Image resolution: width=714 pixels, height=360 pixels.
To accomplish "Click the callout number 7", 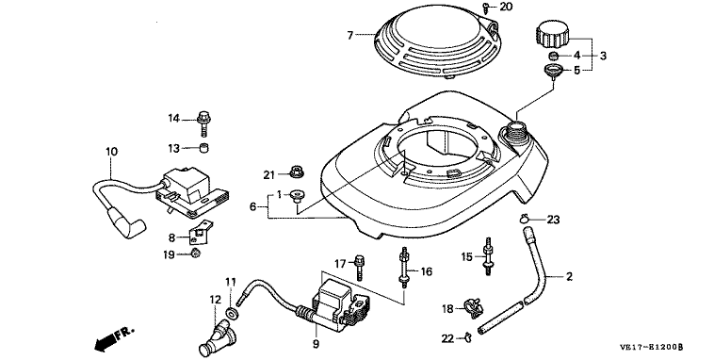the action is (x=349, y=35).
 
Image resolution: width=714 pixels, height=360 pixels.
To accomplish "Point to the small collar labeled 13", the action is (x=204, y=148).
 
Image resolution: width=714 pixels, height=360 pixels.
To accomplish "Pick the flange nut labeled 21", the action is (x=297, y=172).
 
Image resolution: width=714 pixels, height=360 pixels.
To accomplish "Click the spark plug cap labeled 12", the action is (x=218, y=338).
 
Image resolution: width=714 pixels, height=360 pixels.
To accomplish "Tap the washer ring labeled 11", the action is (x=233, y=314).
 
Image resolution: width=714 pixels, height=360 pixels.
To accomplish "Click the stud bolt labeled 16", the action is (x=403, y=267).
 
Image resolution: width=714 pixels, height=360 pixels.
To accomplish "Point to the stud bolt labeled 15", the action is (x=488, y=256).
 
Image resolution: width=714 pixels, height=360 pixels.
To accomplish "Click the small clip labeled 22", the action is (x=467, y=337).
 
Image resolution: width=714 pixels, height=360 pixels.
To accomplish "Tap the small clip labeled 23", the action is (x=525, y=220).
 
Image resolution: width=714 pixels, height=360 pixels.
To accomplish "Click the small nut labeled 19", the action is (x=195, y=253).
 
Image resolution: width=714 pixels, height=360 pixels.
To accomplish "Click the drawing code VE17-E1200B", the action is (x=651, y=347).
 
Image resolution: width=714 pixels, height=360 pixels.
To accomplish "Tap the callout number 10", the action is (x=111, y=152).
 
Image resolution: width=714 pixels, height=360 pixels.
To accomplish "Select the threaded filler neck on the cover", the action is (x=514, y=130).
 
